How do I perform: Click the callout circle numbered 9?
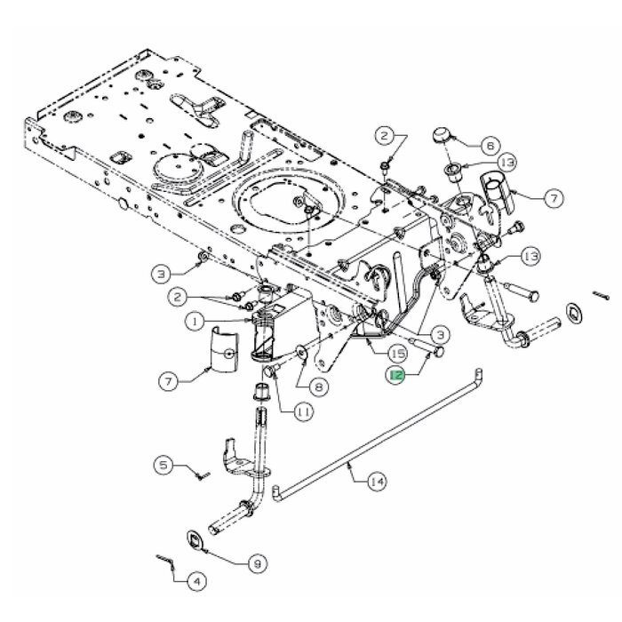coord(258,562)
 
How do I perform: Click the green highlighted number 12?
coord(395,376)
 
